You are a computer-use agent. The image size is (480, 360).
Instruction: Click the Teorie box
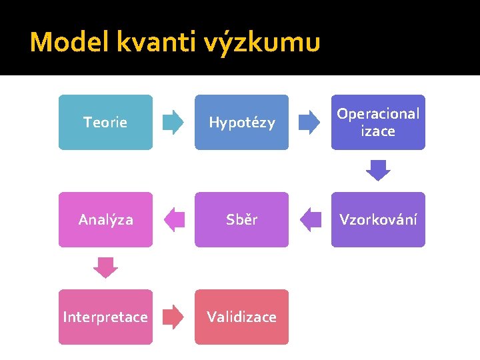tap(105, 122)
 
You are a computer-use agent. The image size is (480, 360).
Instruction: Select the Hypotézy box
tap(241, 122)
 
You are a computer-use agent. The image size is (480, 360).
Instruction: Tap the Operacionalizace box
tap(378, 122)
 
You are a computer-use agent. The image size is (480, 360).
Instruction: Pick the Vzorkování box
tap(378, 219)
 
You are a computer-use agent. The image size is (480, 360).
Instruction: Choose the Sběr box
tap(241, 219)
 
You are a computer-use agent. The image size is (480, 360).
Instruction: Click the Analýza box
tap(105, 219)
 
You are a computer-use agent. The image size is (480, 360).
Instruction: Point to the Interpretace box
tap(105, 317)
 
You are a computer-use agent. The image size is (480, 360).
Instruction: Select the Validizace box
tap(241, 317)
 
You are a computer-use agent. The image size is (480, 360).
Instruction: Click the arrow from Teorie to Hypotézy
tap(173, 122)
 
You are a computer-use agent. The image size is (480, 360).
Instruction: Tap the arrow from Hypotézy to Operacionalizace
tap(309, 122)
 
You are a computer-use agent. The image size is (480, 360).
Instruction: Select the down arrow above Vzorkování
tap(378, 171)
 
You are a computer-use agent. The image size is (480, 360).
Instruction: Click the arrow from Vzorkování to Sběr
tap(310, 219)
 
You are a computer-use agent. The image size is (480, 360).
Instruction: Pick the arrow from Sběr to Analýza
tap(174, 219)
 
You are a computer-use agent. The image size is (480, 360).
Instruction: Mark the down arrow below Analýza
tap(105, 268)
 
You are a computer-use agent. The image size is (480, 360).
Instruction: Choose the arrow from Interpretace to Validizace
tap(173, 317)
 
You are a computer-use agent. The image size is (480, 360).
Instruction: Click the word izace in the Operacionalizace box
tap(378, 131)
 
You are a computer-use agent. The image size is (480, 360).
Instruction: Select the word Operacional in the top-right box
tap(378, 113)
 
